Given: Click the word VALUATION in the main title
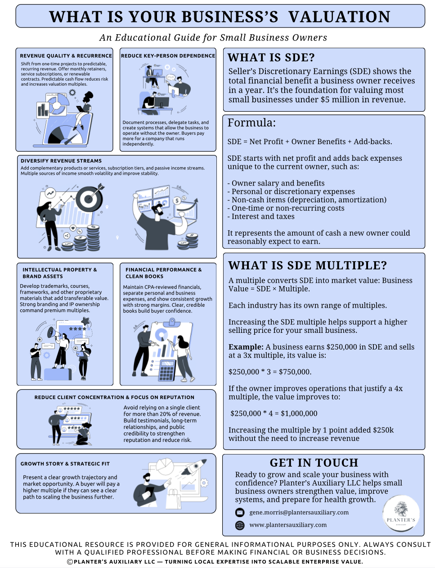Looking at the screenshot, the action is tap(339, 17).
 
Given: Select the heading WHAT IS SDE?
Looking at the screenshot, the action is tap(271, 58).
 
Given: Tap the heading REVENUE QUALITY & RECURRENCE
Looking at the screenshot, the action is tap(66, 56).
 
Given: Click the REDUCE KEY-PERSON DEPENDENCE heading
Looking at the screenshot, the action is tap(168, 56).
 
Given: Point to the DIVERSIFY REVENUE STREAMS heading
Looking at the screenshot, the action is tap(61, 161).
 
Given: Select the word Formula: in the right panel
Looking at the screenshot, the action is tap(251, 123).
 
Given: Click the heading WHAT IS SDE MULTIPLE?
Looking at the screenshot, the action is tap(307, 265).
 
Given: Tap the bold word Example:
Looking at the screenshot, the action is tap(246, 347).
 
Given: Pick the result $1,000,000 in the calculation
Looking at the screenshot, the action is tap(299, 414).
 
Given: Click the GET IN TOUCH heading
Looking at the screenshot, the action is tap(314, 463).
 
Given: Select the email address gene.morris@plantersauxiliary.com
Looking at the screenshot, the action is tap(299, 513).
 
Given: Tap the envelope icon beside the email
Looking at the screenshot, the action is tap(240, 513).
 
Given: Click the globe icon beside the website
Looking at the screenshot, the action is tap(240, 525).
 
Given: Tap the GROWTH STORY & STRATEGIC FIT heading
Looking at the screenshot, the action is tap(65, 463).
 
